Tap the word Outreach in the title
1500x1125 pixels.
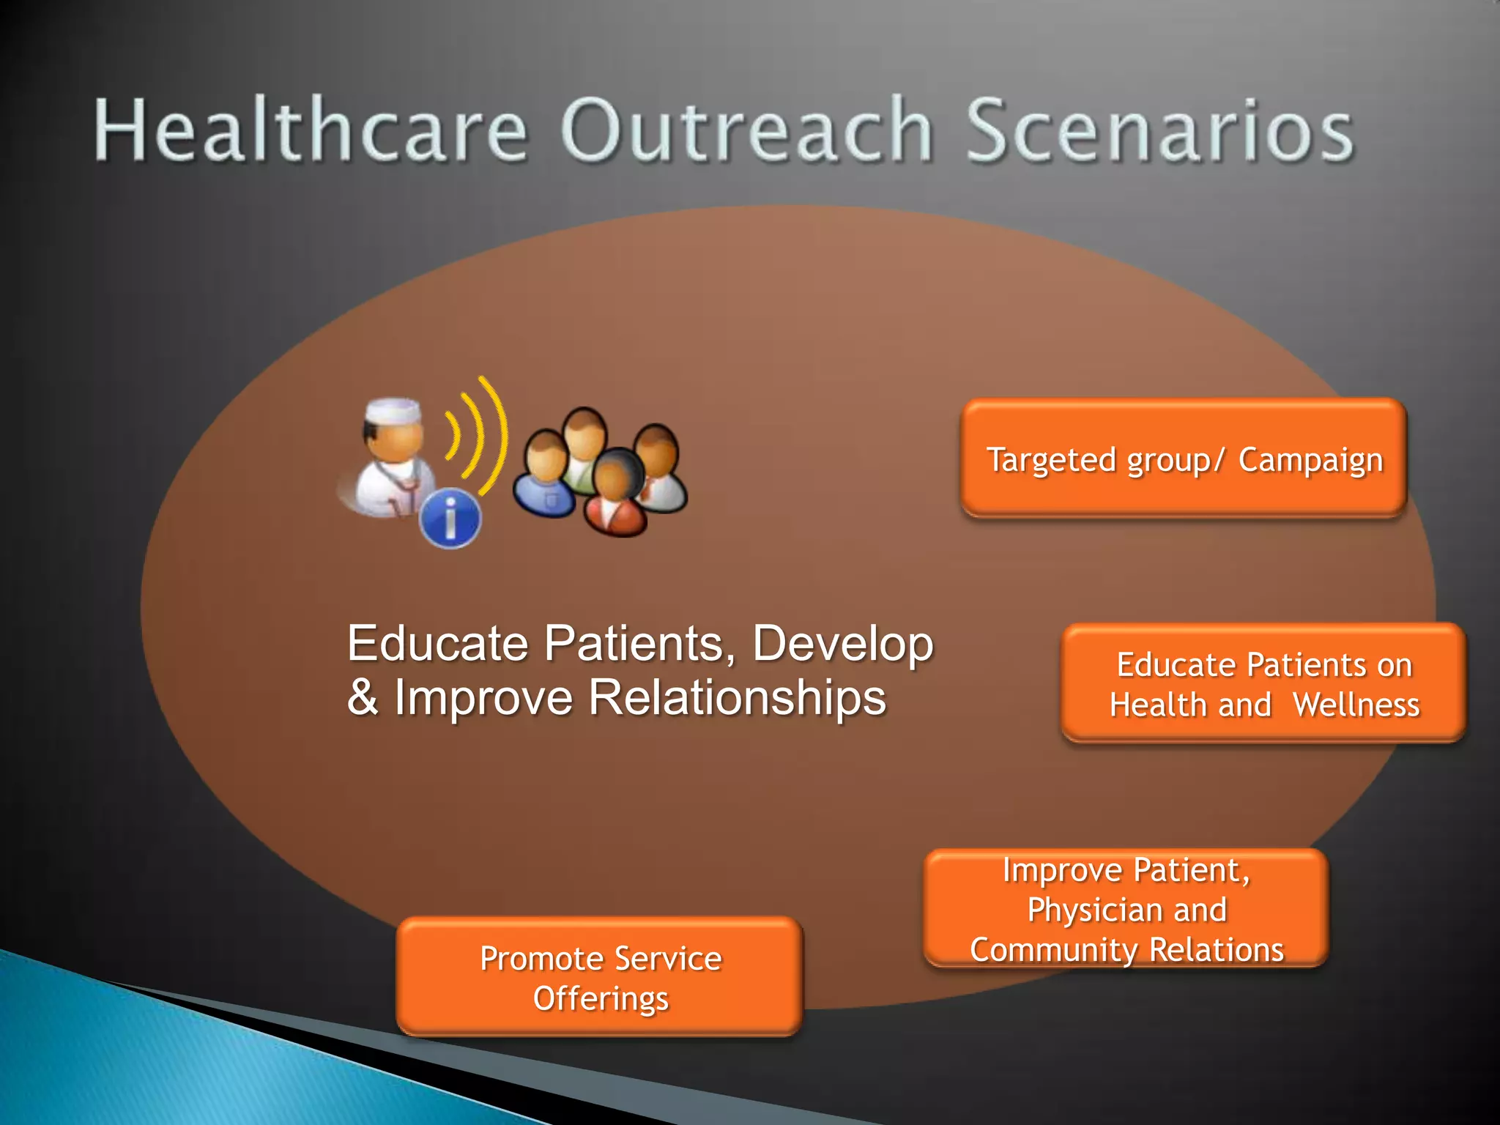pyautogui.click(x=747, y=130)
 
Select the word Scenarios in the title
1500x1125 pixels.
pyautogui.click(x=1160, y=130)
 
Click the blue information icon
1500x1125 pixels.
pyautogui.click(x=450, y=518)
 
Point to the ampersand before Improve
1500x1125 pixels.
pyautogui.click(x=363, y=697)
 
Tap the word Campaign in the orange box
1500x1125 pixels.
pyautogui.click(x=1310, y=461)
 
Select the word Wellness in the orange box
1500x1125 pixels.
pyautogui.click(x=1356, y=705)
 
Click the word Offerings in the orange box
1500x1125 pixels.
pyautogui.click(x=601, y=999)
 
